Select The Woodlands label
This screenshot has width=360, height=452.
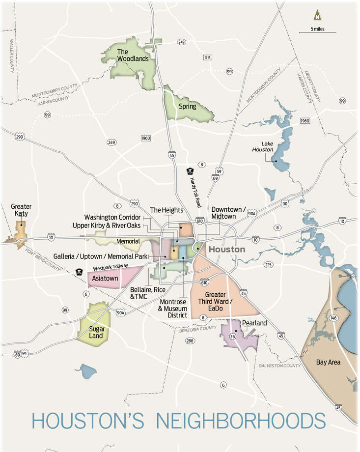(129, 55)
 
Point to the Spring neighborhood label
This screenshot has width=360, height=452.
(188, 106)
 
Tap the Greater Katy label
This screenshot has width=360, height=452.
(21, 210)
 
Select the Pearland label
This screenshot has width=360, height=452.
(254, 323)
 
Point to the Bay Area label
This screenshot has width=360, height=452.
(328, 362)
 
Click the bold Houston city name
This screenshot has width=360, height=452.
(226, 250)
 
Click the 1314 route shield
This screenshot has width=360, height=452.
(208, 57)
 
